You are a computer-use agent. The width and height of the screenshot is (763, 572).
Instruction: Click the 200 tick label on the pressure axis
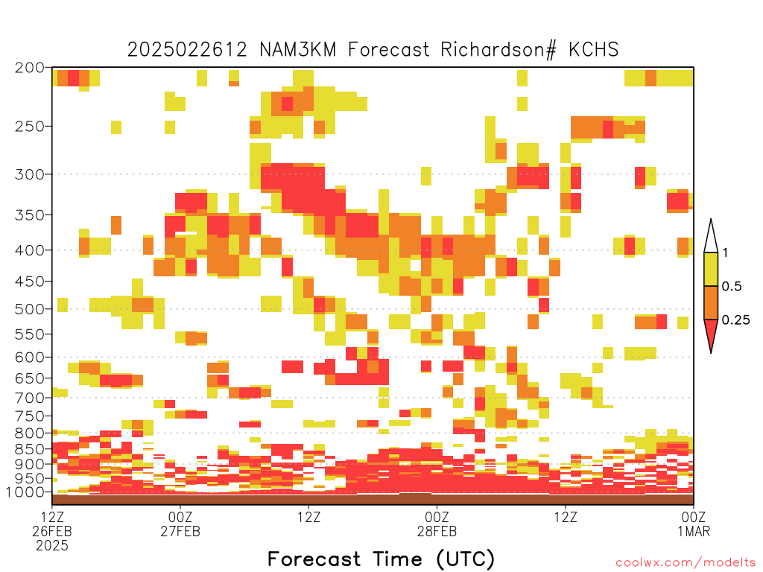click(x=30, y=68)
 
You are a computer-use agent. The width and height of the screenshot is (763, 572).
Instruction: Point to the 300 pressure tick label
click(x=30, y=174)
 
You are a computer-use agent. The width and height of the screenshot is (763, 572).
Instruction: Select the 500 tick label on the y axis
click(x=30, y=309)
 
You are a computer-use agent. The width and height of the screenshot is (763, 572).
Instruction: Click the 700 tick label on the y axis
click(x=30, y=398)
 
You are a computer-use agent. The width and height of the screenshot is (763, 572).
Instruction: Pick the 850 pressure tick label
click(x=30, y=449)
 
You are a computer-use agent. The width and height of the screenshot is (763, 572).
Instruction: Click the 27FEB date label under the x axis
click(x=180, y=531)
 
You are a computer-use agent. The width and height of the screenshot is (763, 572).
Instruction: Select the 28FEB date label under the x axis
click(x=437, y=531)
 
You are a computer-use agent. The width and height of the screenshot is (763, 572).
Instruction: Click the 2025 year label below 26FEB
click(x=52, y=546)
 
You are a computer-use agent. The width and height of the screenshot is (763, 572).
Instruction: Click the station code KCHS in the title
click(x=594, y=50)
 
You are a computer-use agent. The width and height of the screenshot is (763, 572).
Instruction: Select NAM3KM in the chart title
click(x=298, y=50)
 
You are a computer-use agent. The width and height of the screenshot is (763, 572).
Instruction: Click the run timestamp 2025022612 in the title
click(x=187, y=50)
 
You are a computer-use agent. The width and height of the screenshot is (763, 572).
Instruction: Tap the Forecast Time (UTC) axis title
click(x=381, y=559)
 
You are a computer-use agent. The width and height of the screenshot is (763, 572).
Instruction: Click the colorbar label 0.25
click(x=735, y=320)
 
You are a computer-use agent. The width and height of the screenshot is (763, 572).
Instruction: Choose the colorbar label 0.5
click(x=732, y=286)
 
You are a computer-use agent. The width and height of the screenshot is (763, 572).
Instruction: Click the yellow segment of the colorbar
click(x=711, y=269)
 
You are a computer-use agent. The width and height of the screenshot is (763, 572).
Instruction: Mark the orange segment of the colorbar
click(x=711, y=302)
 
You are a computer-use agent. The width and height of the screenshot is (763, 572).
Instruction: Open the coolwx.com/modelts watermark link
click(x=686, y=563)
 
